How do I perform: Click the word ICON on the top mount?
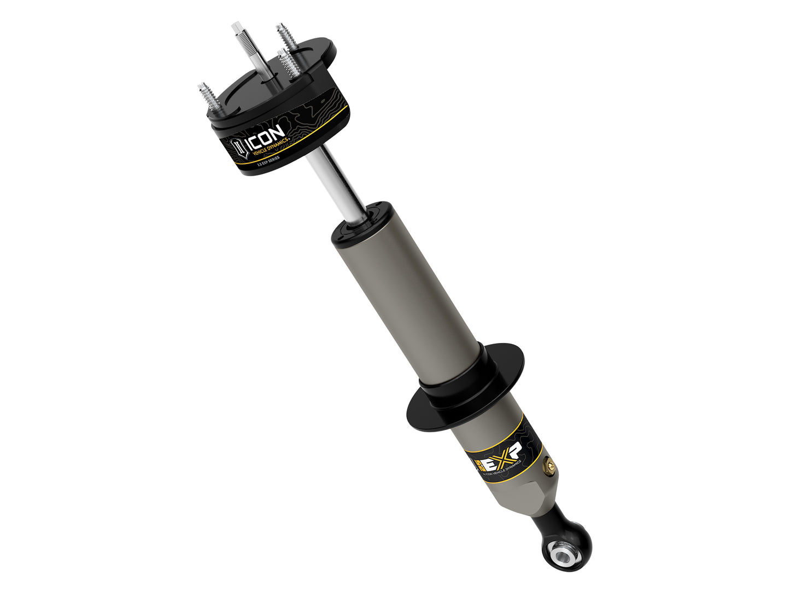(x=266, y=138)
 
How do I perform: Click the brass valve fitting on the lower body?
(x=550, y=467)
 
